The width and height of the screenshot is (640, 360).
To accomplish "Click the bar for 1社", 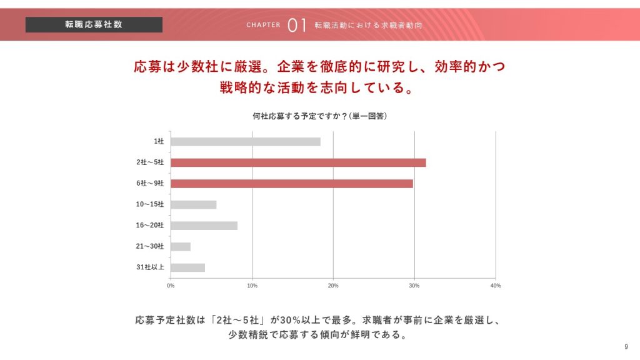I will click(245, 142).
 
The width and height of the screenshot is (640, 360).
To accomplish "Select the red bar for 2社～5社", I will click(298, 162).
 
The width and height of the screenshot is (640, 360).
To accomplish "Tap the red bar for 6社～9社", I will click(291, 184).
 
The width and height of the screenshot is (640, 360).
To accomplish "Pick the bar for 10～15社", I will click(193, 204).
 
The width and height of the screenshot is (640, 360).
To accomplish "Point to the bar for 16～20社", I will click(204, 226).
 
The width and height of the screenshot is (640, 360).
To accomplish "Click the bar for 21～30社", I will click(180, 246).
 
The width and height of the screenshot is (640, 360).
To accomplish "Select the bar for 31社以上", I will click(187, 267).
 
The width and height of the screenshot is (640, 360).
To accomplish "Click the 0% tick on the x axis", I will click(171, 286).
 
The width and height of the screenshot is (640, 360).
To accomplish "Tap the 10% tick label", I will click(252, 286).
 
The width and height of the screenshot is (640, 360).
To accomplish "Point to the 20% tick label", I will click(333, 286).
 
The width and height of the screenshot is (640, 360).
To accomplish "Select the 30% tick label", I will click(414, 286).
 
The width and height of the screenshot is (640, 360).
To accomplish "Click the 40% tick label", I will click(496, 286).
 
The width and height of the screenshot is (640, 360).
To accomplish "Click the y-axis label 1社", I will click(158, 142).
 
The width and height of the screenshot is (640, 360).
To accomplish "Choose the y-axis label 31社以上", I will click(150, 267).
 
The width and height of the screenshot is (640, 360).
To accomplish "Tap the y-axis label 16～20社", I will click(149, 226).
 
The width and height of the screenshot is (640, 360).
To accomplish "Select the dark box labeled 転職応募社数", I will click(94, 24).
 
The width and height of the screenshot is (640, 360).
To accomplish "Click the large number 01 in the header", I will click(297, 25).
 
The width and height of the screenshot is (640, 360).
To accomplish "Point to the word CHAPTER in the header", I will click(263, 25).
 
